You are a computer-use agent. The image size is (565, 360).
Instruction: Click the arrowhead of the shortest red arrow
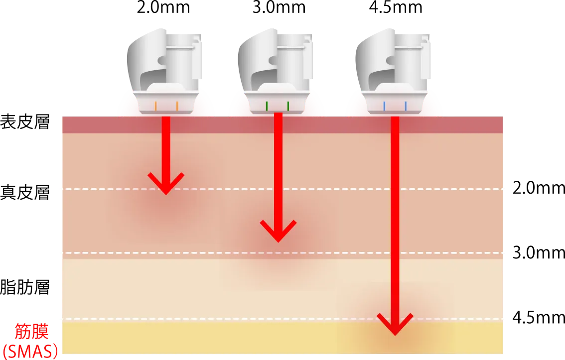point(166,186)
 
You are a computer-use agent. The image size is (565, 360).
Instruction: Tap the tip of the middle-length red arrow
point(278,234)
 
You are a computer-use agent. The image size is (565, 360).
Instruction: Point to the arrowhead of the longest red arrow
point(395,327)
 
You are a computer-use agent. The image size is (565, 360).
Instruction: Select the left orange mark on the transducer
point(156,106)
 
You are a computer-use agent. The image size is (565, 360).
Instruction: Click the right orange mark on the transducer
point(177,106)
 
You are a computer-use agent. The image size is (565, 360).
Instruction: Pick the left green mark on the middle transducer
point(267,106)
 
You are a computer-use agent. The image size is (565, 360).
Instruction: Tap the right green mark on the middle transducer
point(288,106)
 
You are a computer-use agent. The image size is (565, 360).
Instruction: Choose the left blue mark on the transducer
point(384,106)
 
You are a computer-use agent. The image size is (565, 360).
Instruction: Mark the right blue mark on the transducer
point(406,106)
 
